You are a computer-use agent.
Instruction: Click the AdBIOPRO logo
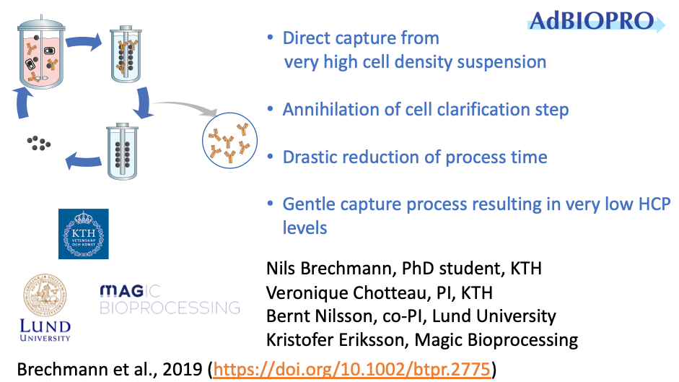(596, 21)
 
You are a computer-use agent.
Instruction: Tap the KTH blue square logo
(84, 234)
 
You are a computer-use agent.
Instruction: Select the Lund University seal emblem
(45, 295)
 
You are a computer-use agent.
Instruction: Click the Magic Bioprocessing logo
(170, 299)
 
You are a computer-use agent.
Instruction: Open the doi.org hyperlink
(352, 370)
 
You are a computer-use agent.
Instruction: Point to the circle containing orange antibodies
(229, 141)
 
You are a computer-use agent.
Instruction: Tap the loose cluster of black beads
(38, 143)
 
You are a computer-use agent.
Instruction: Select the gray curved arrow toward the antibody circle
(184, 106)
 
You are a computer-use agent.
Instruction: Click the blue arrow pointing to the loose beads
(83, 161)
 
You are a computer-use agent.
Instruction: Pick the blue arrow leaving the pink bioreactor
(84, 42)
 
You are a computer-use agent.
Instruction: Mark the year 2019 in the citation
(183, 370)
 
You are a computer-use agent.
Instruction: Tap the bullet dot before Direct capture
(270, 38)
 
